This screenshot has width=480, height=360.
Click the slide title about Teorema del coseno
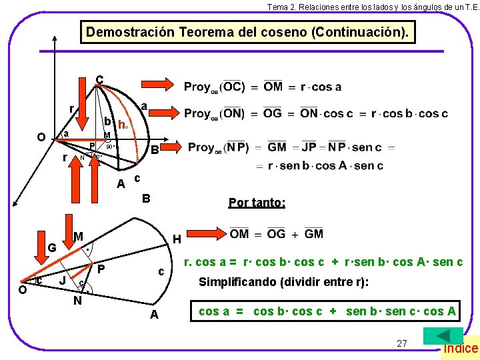click(247, 32)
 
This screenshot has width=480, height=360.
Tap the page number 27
click(401, 343)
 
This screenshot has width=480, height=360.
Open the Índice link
click(461, 348)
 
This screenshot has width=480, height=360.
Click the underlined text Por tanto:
click(257, 202)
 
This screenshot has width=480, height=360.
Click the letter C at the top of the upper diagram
click(99, 79)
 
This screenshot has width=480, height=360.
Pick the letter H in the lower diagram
click(176, 239)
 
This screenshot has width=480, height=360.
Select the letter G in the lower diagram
click(52, 248)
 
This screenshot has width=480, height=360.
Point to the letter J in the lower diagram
click(62, 281)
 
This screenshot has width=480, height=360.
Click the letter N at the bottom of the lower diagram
click(77, 300)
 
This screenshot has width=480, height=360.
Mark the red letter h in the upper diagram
click(121, 124)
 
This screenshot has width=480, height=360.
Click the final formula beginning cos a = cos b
click(327, 311)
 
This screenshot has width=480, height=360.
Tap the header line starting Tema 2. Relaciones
click(368, 6)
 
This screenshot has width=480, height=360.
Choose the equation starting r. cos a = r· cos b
click(323, 262)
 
